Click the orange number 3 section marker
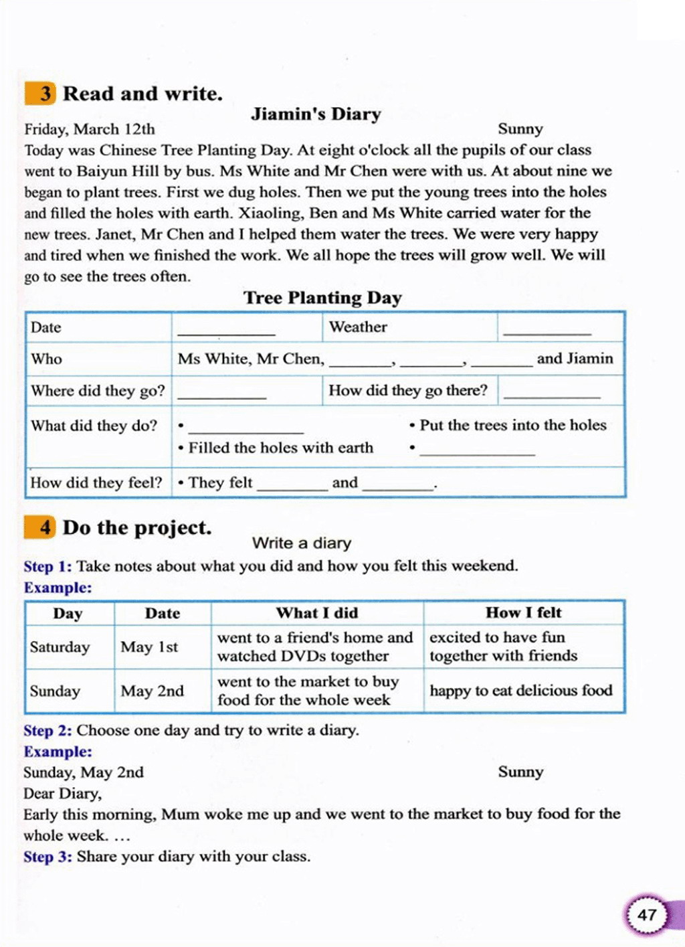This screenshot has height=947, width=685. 40,93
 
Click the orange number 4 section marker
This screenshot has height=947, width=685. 40,527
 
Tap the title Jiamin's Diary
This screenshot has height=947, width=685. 316,114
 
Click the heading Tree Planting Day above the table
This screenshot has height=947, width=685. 322,297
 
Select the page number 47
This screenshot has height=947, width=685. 647,915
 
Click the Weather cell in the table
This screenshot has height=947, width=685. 358,327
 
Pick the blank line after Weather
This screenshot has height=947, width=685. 547,331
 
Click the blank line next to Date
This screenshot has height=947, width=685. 226,331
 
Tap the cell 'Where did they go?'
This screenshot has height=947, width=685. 98,391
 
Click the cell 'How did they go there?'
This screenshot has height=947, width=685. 408,390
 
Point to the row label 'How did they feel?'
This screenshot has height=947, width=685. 96,483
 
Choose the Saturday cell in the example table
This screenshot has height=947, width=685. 60,647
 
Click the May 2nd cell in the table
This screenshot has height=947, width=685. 152,691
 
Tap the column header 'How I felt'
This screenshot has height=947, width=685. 523,612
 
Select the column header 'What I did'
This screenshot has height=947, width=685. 317,613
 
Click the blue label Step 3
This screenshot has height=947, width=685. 47,857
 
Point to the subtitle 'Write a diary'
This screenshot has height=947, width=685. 302,543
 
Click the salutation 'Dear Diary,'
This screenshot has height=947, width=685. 62,794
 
